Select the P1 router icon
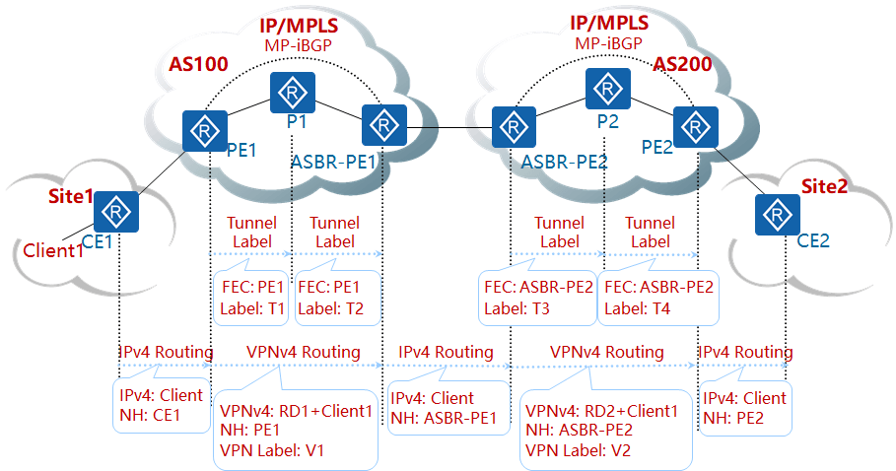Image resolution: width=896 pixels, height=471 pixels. (292, 93)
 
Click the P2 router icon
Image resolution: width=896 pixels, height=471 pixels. (607, 90)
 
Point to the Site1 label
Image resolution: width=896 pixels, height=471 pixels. (70, 196)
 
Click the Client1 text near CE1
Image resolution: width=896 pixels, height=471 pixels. (53, 250)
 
